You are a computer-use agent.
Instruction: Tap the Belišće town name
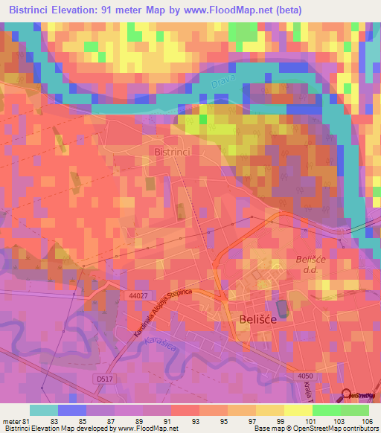tap(258, 318)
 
